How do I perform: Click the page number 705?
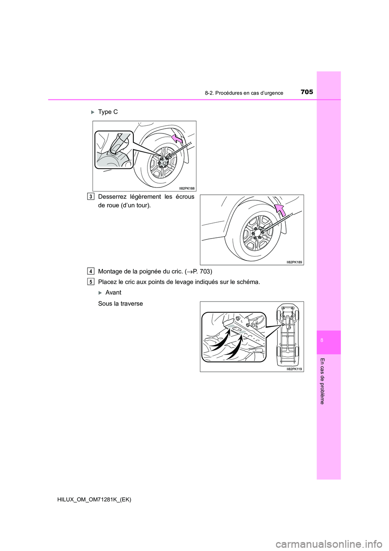click(307, 92)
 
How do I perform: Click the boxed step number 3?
click(90, 196)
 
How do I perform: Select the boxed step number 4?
click(90, 271)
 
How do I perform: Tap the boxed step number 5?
click(90, 282)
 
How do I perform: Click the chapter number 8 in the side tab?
click(321, 340)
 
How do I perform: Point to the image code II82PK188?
click(187, 188)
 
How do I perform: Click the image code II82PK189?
click(294, 262)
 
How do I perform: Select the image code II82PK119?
click(294, 369)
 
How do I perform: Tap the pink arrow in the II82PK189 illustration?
click(279, 211)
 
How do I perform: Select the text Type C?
click(108, 112)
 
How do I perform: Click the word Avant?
click(113, 293)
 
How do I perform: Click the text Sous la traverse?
click(120, 303)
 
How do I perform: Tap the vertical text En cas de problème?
click(322, 381)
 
